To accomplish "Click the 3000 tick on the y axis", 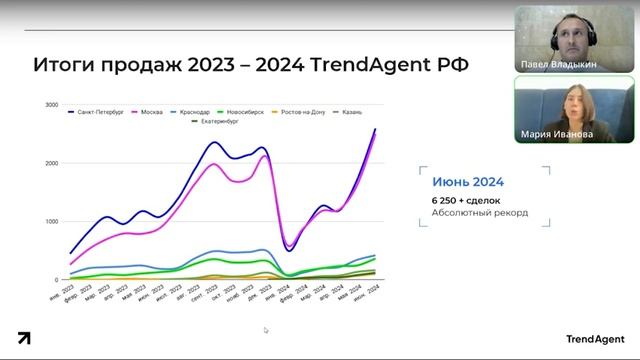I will tap(50, 104).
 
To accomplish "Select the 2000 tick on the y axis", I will tap(50, 162).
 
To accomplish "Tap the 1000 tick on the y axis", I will tap(50, 221).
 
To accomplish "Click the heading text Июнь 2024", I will tap(467, 182).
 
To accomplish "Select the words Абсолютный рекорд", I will tap(479, 212).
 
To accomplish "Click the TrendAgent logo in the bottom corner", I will tap(594, 339).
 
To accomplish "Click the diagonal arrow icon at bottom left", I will tap(23, 338).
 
